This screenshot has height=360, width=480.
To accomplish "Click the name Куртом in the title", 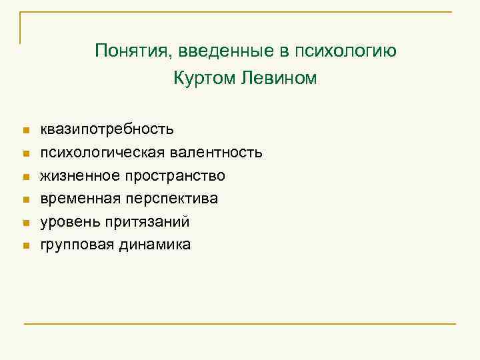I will click(x=204, y=79).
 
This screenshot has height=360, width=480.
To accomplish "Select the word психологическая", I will click(x=92, y=153).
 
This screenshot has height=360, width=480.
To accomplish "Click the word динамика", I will click(x=155, y=245).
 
